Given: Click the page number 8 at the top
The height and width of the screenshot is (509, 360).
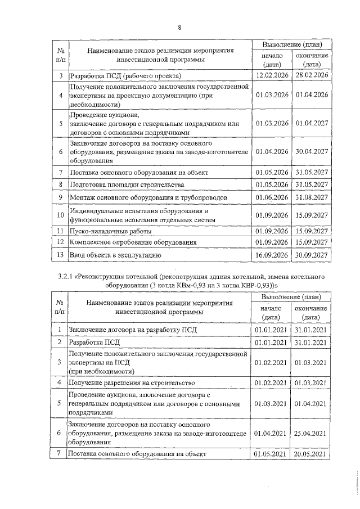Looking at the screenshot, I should [x=179, y=28].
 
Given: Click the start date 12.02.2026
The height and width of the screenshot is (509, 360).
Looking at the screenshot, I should [x=272, y=75].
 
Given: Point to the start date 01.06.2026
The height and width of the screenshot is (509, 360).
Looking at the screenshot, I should [x=272, y=198].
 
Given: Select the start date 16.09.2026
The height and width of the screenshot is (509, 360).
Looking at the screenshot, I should [x=272, y=255].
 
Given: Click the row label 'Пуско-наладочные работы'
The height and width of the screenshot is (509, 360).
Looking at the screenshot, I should [x=109, y=231].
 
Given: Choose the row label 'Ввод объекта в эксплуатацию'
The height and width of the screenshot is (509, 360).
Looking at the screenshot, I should [x=115, y=255].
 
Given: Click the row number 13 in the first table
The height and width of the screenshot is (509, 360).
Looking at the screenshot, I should [x=60, y=255].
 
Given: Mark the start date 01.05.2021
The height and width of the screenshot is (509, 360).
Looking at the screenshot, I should [x=272, y=454].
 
